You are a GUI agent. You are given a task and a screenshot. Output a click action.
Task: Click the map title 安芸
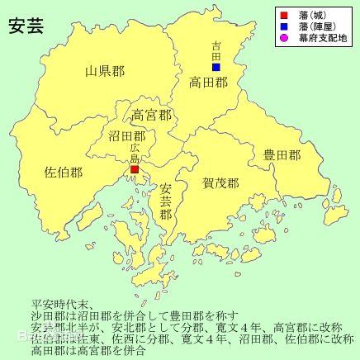[x=26, y=25]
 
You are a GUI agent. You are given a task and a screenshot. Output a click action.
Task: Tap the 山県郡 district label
[x=105, y=71]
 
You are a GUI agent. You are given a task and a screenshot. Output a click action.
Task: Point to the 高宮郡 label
[x=152, y=115]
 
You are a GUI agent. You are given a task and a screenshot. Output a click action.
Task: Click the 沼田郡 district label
[x=127, y=135]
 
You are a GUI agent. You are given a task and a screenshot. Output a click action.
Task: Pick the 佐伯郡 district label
[x=64, y=173]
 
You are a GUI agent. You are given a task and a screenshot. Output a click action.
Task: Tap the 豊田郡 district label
[x=282, y=154]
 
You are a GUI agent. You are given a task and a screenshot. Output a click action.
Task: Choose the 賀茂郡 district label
[x=220, y=182]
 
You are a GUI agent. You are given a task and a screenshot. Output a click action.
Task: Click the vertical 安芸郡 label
[x=166, y=201]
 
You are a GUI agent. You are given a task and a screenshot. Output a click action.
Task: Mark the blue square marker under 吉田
[x=216, y=67]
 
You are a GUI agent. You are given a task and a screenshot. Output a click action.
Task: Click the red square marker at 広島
[x=134, y=169]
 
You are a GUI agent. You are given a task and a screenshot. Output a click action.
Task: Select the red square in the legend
[x=282, y=14]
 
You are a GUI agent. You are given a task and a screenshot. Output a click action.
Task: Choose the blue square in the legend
[x=282, y=26]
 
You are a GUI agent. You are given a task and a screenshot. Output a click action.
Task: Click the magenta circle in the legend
[x=282, y=37]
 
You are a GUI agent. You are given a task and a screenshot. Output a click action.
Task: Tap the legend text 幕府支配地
[x=323, y=37]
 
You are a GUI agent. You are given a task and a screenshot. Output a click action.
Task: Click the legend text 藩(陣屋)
[x=316, y=26]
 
